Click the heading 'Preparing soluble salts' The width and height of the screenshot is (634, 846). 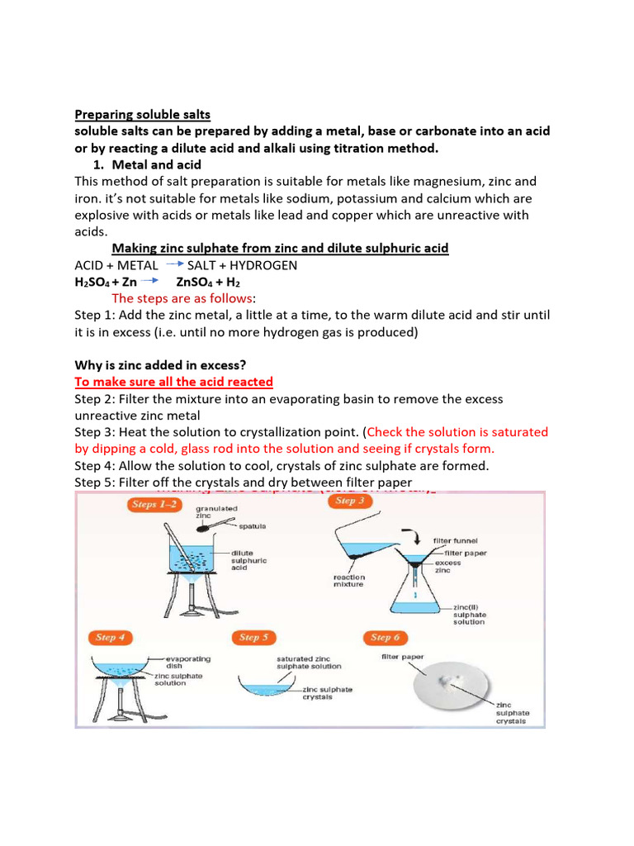tap(142, 114)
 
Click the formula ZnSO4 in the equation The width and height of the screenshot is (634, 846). tap(196, 282)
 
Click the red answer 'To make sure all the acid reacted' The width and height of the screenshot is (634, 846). tap(173, 382)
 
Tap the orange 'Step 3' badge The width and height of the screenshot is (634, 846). tap(348, 501)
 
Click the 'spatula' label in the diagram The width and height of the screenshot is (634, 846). tap(252, 526)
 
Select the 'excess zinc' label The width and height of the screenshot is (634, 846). tap(460, 567)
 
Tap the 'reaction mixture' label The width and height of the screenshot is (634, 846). tap(349, 581)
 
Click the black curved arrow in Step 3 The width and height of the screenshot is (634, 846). tap(409, 533)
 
